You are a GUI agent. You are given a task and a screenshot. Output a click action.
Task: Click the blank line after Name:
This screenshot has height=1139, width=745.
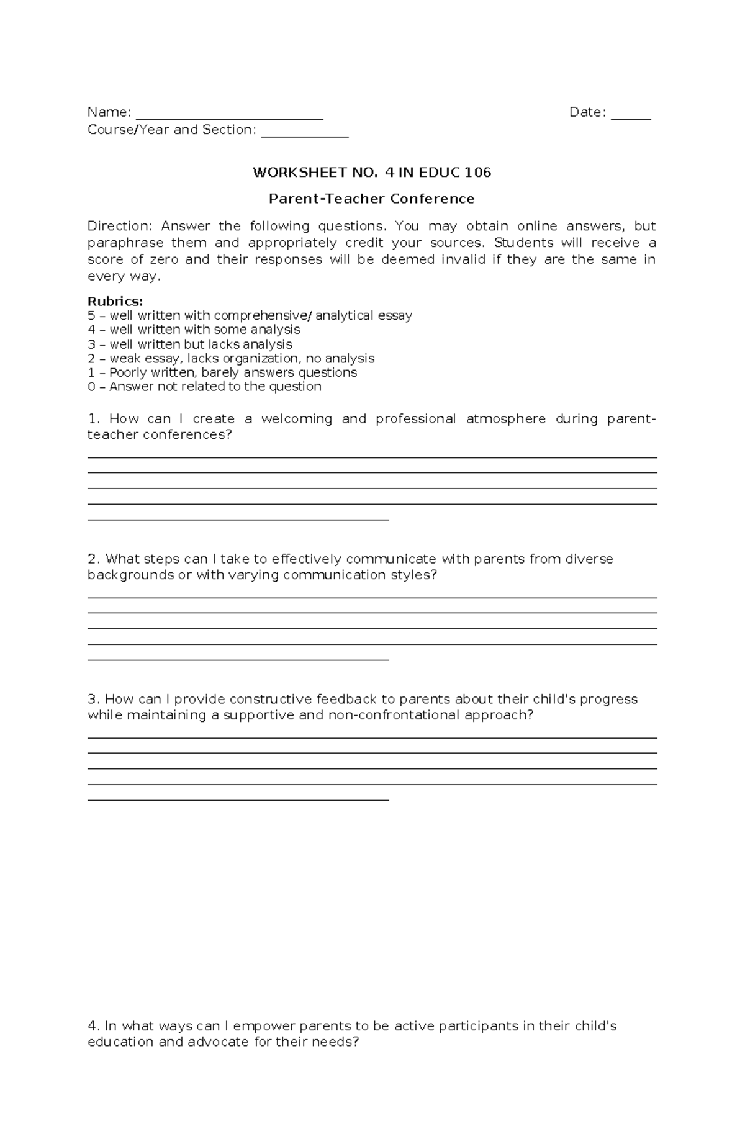229,117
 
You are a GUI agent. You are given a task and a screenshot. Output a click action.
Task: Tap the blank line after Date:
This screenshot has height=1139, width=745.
631,117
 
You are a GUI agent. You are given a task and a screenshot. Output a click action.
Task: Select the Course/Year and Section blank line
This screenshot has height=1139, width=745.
305,134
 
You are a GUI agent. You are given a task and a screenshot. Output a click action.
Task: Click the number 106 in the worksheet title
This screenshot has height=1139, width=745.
478,173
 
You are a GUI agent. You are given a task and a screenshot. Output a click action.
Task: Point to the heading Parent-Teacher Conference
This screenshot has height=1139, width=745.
371,199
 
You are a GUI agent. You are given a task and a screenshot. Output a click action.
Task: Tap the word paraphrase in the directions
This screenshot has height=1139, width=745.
125,243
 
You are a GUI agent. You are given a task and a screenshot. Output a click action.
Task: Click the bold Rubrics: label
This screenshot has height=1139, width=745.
115,301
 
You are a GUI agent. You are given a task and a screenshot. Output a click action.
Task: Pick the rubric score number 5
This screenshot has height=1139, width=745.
91,316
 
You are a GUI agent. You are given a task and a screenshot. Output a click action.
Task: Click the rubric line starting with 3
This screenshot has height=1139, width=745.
190,344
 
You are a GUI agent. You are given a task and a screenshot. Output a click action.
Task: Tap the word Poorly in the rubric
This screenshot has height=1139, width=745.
129,373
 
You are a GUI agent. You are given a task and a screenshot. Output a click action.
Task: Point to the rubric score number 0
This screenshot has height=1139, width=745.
91,387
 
